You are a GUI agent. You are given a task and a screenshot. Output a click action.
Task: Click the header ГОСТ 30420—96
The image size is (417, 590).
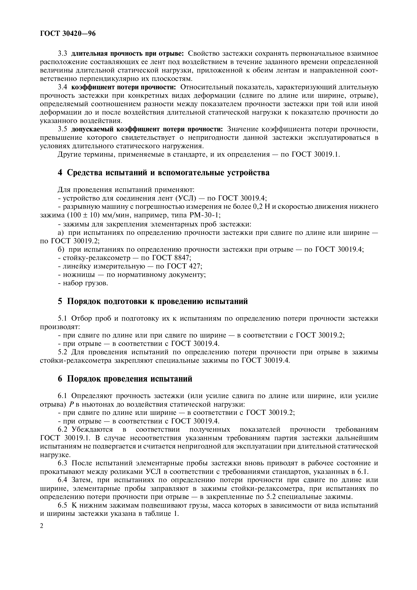pyautogui.click(x=68, y=34)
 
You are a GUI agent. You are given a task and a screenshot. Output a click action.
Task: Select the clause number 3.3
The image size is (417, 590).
pyautogui.click(x=62, y=54)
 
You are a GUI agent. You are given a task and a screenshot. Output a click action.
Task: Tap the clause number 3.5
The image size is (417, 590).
pyautogui.click(x=62, y=129)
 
